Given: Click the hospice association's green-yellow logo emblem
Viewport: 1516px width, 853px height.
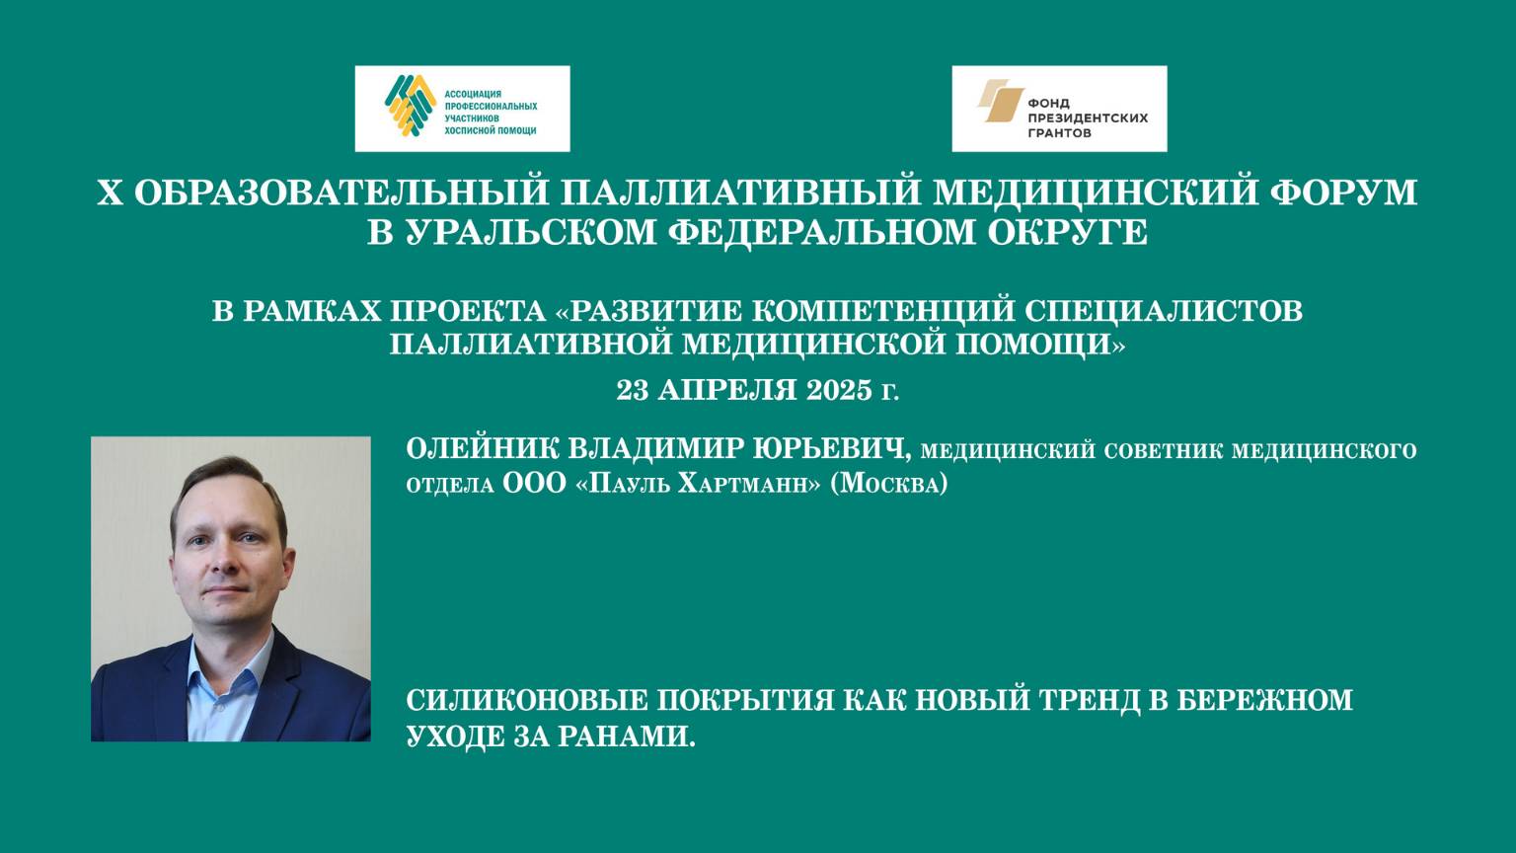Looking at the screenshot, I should [411, 105].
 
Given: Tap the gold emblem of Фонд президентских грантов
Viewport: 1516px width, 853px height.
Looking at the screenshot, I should [999, 102].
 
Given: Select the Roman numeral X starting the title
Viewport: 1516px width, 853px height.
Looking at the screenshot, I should [110, 193].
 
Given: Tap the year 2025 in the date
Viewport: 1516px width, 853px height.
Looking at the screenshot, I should [839, 390].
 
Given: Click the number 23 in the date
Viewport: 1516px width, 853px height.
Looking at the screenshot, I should [632, 390].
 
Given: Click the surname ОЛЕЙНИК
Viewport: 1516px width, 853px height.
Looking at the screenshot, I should [482, 450].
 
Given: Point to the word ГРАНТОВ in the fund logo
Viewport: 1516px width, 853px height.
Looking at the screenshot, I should [1060, 132].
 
